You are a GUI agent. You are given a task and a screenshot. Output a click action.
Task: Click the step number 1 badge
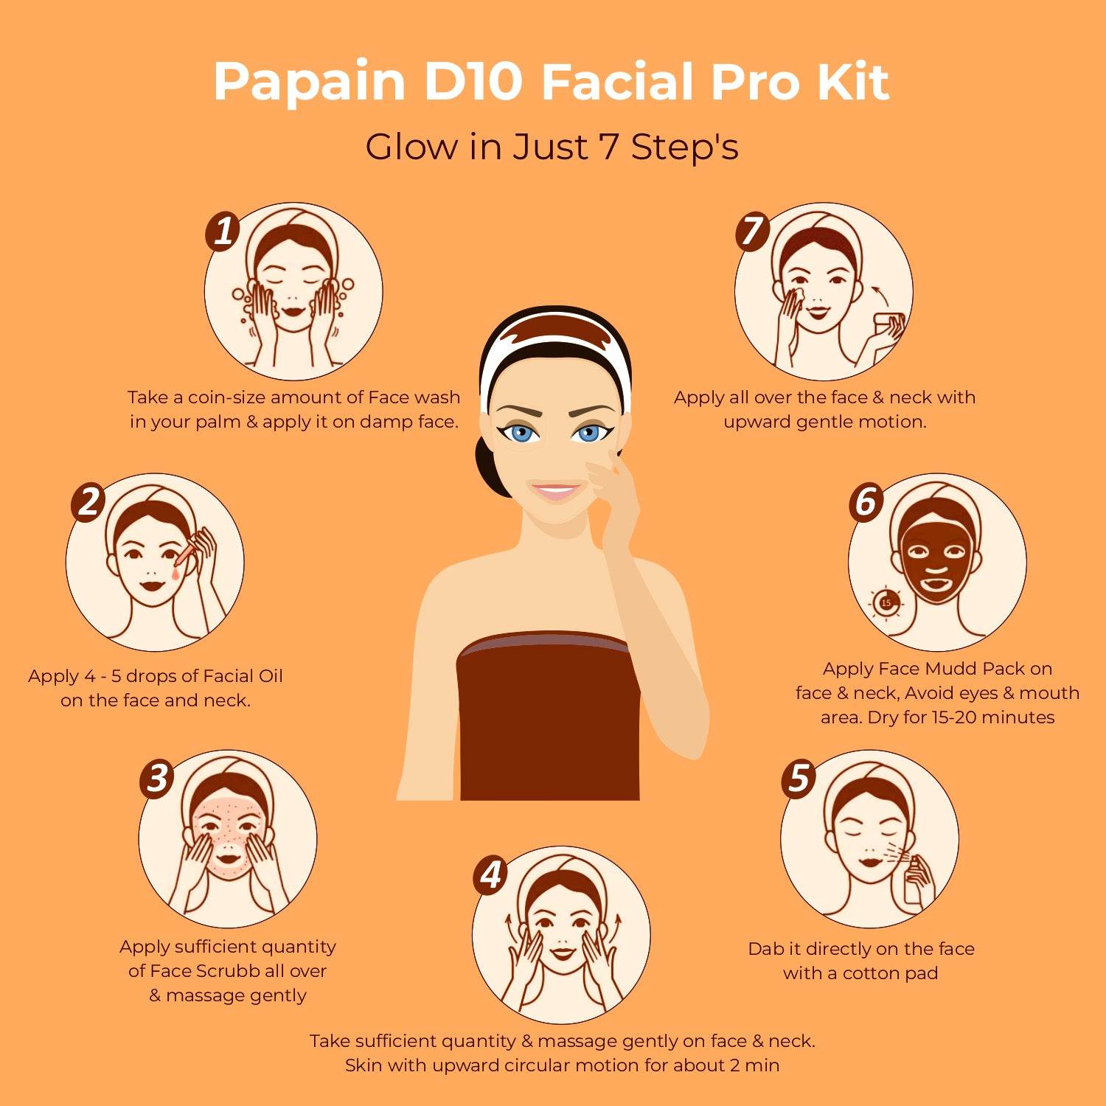tap(223, 232)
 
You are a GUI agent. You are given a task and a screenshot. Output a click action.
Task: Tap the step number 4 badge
tap(491, 875)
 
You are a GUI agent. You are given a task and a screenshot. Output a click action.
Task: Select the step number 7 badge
tap(753, 232)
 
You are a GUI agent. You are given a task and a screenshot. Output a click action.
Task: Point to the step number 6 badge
tap(866, 502)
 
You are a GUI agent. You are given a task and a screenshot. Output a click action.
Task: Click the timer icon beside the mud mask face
tap(886, 603)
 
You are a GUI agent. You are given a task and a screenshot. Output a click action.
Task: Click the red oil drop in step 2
tap(175, 571)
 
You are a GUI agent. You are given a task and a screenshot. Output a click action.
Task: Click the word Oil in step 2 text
tap(266, 676)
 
